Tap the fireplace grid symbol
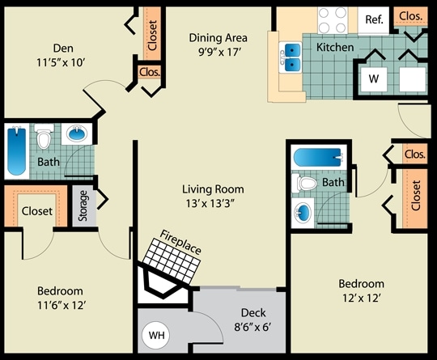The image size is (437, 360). tap(172, 260)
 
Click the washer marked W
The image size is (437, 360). tap(373, 79)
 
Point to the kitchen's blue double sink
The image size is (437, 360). tap(291, 57)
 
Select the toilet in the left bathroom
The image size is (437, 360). tap(45, 139)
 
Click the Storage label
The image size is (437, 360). tap(83, 205)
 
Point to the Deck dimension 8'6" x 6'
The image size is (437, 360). tap(252, 328)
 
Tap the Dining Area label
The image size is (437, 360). tap(218, 37)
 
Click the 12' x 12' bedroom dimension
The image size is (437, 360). tap(360, 299)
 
